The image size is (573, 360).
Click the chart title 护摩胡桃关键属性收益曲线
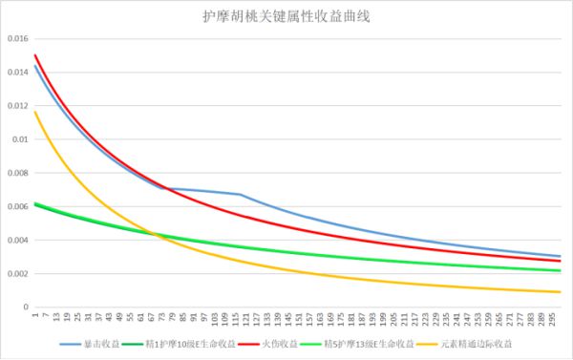click(286, 17)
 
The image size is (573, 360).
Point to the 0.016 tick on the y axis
click(16, 38)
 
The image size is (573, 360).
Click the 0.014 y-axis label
click(16, 72)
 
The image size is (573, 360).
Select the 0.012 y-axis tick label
click(16, 105)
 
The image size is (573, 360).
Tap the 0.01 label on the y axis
click(18, 139)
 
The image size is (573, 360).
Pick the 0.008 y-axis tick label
click(16, 173)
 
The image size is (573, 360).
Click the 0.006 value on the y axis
click(16, 206)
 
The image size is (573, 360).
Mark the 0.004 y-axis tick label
click(16, 240)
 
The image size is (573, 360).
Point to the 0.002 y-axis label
click(16, 274)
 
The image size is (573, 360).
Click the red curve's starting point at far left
click(34, 55)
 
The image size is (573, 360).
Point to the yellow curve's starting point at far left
click(34, 112)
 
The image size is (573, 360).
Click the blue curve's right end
click(560, 256)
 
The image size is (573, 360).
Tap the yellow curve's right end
click(560, 292)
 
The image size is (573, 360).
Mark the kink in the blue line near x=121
click(241, 195)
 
